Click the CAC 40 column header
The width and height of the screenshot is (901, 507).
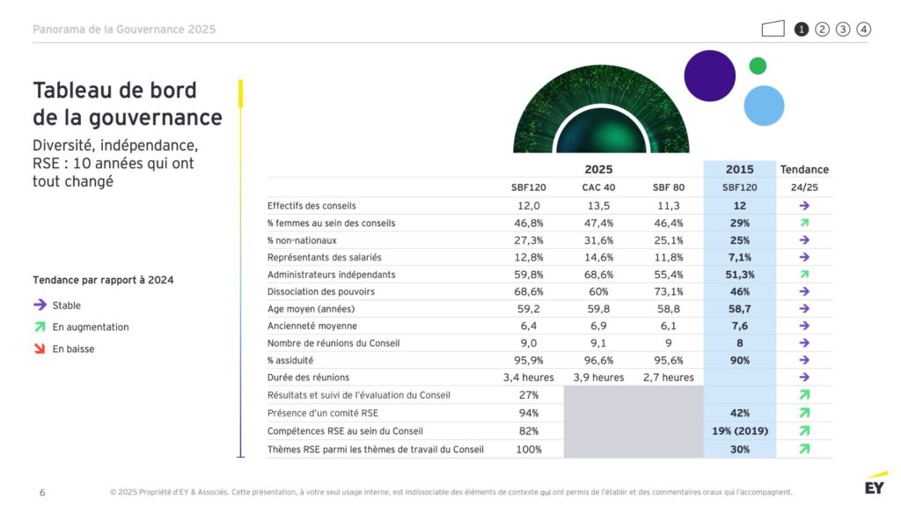pos(598,187)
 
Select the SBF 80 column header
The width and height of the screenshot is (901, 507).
pos(669,187)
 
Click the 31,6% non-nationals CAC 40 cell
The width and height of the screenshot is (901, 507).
pos(598,240)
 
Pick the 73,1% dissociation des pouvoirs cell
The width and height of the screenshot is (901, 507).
pos(669,291)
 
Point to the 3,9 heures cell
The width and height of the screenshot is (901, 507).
pos(598,378)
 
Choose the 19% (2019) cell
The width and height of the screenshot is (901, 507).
pos(739,431)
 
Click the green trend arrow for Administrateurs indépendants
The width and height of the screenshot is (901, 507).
pos(804,275)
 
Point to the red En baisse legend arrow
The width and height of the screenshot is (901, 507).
pos(40,349)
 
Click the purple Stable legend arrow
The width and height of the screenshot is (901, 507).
pos(40,305)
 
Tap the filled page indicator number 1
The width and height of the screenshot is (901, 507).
pos(802,29)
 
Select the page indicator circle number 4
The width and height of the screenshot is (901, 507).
pos(864,29)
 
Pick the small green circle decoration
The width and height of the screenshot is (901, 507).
pos(758,66)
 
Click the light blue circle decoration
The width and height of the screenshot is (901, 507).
pos(764,105)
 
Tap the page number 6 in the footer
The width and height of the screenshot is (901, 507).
pos(42,492)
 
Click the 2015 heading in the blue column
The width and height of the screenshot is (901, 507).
pos(739,169)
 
